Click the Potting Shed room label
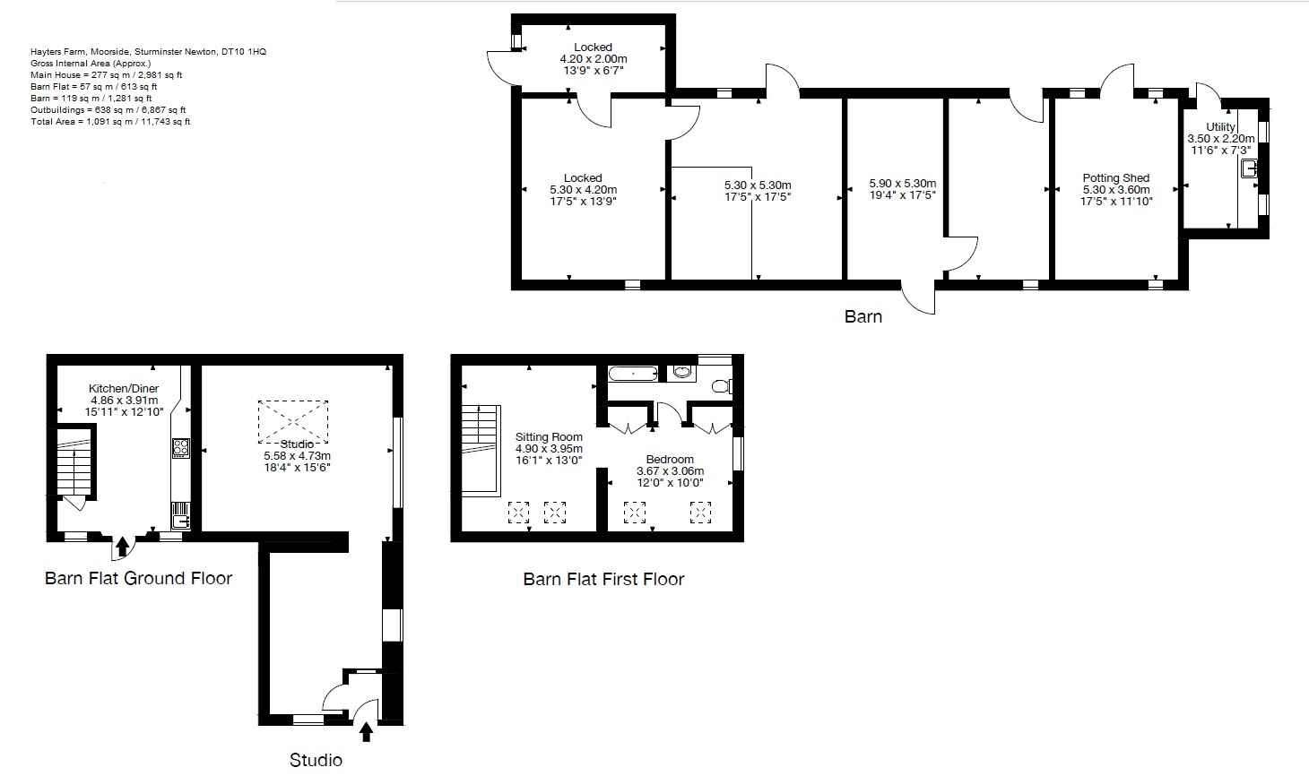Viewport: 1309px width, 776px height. tap(1115, 177)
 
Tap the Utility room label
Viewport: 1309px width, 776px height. tap(1220, 127)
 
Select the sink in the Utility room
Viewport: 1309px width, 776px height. tap(1250, 168)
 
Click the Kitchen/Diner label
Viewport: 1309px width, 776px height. tap(124, 388)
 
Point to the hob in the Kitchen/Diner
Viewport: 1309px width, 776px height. tap(180, 447)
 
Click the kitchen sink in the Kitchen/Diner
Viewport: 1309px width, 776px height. tap(180, 515)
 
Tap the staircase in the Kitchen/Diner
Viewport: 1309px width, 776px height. tap(74, 462)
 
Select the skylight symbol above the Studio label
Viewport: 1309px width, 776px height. tap(293, 422)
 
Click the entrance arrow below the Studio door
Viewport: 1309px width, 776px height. tap(366, 732)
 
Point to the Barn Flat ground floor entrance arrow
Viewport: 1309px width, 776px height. tap(122, 547)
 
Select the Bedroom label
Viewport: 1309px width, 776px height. tap(670, 459)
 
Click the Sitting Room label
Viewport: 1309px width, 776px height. tap(549, 437)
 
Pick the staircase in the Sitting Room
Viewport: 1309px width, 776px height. tap(480, 448)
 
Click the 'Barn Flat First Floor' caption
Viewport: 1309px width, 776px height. tap(603, 580)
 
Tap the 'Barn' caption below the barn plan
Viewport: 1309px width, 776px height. tap(863, 316)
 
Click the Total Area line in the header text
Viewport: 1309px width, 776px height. tap(110, 121)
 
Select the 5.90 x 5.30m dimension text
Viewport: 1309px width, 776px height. tap(902, 184)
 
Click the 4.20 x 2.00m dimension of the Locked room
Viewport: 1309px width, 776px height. tap(593, 58)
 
